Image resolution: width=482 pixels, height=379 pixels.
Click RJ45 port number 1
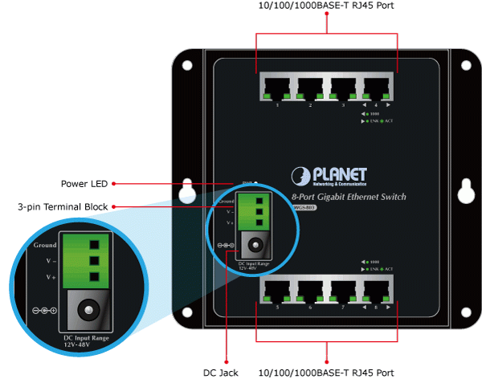pos(276,87)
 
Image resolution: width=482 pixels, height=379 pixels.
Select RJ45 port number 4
pos(377,87)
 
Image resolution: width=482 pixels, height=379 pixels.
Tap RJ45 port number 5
pos(277,290)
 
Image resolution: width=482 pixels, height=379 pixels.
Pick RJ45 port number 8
pos(376,290)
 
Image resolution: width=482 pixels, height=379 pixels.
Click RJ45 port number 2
pos(310,87)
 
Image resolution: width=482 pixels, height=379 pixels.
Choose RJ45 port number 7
pos(343,290)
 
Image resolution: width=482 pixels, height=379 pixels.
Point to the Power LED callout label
pos(84,183)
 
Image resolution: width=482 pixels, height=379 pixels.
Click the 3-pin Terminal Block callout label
pos(63,207)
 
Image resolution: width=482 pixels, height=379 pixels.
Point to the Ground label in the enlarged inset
pos(45,244)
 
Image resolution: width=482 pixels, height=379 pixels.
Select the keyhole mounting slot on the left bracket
pos(186,190)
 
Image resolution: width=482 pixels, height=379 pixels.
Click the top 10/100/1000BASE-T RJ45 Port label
pos(328,6)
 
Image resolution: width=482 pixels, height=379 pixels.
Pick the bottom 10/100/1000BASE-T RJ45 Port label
pos(328,373)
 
